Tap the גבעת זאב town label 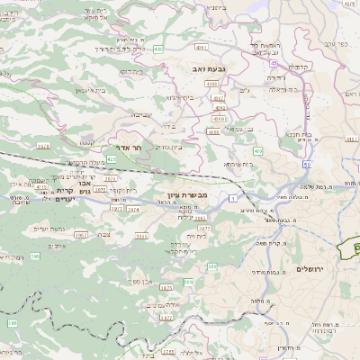click(204, 67)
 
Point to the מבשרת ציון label click(187, 194)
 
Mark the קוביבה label click(143, 114)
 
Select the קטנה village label click(87, 140)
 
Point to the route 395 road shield click(35, 256)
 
